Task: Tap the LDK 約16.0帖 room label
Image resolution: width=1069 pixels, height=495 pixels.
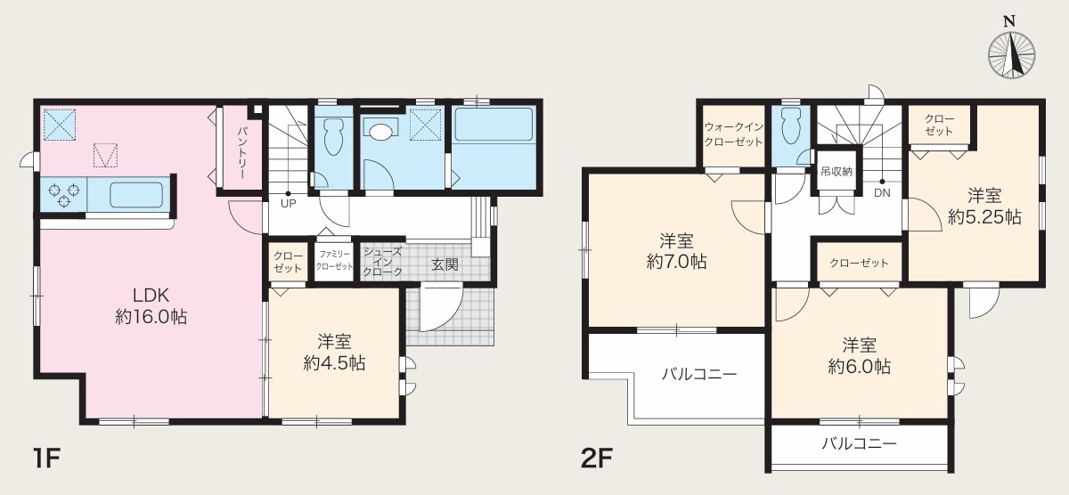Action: [151, 306]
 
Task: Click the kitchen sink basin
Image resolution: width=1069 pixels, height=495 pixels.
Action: [136, 195]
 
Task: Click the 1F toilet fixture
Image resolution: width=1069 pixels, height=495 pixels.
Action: [333, 135]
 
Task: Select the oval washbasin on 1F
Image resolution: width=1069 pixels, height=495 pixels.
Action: [379, 132]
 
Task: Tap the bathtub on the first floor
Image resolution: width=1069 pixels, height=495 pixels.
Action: [494, 125]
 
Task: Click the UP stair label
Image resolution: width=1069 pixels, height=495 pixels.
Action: [289, 204]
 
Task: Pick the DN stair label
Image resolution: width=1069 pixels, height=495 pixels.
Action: [882, 192]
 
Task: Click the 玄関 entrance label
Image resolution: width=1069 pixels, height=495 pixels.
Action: [445, 264]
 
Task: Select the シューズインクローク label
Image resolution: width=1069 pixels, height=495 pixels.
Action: [382, 262]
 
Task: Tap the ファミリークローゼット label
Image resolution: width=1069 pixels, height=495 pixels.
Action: [334, 260]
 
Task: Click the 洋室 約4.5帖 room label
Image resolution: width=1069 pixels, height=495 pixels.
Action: [335, 353]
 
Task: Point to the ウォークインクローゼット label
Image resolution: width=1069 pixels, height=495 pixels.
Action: [733, 134]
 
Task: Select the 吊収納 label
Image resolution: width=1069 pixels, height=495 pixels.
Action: [836, 171]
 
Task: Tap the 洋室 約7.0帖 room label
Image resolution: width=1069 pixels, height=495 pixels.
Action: [676, 251]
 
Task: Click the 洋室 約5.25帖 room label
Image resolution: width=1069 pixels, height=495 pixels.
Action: [984, 207]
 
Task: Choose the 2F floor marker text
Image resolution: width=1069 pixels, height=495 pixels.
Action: [597, 458]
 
